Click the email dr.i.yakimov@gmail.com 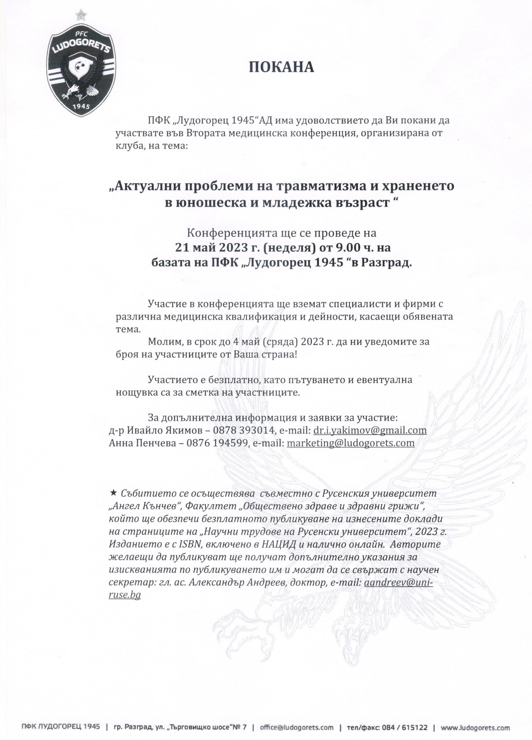pyautogui.click(x=370, y=430)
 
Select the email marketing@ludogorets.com pyautogui.click(x=350, y=443)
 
